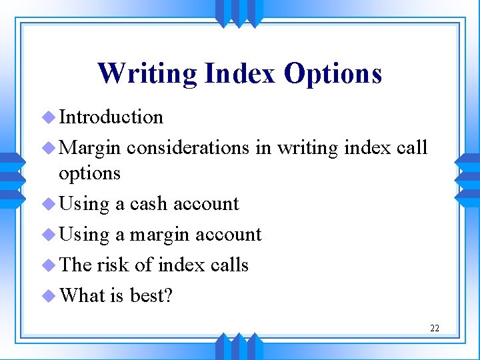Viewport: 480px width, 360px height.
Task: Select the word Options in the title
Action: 333,73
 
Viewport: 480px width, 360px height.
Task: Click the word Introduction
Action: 111,117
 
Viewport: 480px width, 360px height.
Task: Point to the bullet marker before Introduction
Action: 49,118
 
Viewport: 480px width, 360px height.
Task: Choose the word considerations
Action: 189,147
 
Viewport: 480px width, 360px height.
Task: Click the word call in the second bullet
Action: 411,147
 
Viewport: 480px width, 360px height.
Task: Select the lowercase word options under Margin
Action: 89,173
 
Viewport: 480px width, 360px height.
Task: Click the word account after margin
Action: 228,234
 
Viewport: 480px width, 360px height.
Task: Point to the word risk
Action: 113,265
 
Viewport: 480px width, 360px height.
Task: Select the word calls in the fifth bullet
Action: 229,265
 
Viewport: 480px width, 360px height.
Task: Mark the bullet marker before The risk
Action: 49,265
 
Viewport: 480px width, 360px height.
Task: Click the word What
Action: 83,295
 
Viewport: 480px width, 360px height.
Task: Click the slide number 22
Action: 435,328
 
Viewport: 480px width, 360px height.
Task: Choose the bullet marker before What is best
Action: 49,295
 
